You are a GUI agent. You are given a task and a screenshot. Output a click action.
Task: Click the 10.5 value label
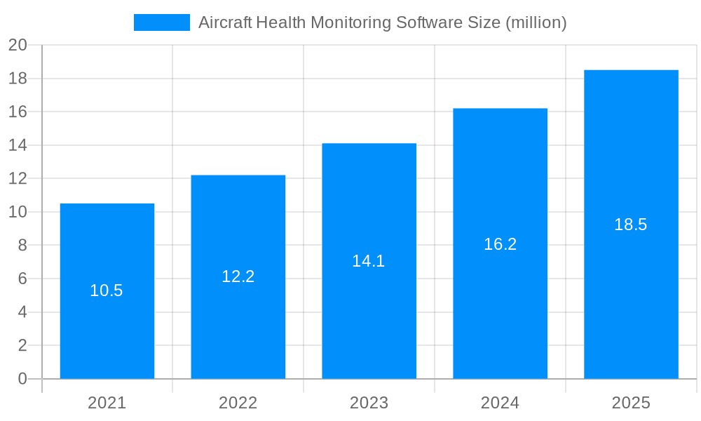(x=107, y=290)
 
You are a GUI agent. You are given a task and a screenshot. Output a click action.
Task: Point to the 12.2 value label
(x=238, y=276)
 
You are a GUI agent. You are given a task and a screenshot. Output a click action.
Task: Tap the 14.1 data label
(x=369, y=261)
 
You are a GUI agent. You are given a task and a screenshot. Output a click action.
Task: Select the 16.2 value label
(x=500, y=244)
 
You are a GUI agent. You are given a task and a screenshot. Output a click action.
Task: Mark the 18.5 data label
(x=631, y=225)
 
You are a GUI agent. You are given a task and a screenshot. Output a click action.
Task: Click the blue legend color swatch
(x=162, y=22)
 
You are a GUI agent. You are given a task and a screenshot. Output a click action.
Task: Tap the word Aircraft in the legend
(x=224, y=22)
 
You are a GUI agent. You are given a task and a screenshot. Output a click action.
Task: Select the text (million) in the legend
(x=536, y=22)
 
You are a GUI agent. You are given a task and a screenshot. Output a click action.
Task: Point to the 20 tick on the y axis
(x=18, y=46)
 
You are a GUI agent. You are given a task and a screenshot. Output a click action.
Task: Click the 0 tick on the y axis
(x=22, y=379)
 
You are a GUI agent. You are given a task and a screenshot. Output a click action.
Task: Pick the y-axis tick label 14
(x=18, y=145)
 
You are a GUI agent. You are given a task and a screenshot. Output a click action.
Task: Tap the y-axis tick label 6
(x=22, y=279)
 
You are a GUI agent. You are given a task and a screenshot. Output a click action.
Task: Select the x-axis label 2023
(x=369, y=403)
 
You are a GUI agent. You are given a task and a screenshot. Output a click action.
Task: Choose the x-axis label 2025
(x=631, y=403)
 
